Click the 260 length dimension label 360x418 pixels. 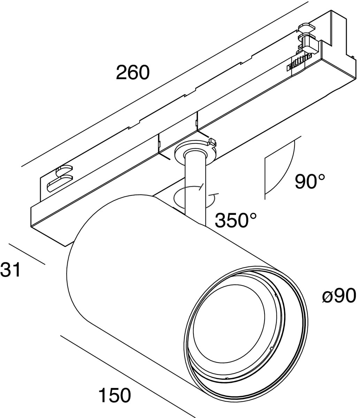(133, 72)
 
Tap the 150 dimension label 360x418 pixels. (115, 395)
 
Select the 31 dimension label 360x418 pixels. (10, 270)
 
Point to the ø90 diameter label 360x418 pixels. (339, 296)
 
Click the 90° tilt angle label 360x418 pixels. (310, 181)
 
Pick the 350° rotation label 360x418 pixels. (236, 220)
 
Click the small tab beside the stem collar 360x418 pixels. (211, 142)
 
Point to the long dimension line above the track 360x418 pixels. (164, 84)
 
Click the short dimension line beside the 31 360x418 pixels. (26, 254)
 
